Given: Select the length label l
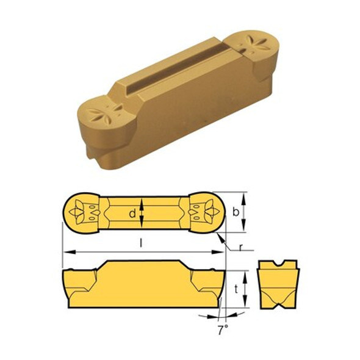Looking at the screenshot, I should [x=142, y=243].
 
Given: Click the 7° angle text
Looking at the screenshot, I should [x=222, y=330].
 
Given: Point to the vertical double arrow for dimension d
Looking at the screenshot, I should [x=142, y=213].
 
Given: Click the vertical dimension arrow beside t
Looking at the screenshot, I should [x=245, y=290].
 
